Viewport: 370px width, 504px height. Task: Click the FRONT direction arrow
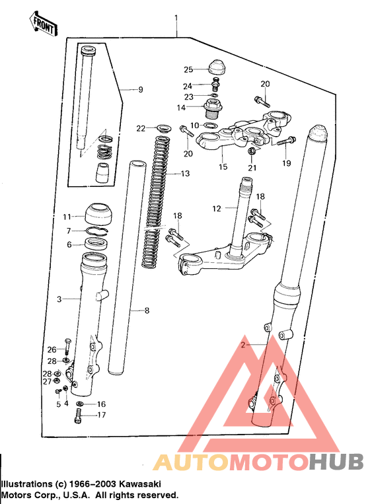[x=44, y=24]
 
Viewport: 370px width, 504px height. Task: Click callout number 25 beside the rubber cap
[x=188, y=69]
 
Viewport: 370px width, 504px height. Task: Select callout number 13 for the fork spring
[x=186, y=174]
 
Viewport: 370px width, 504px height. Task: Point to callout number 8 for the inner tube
[x=147, y=310]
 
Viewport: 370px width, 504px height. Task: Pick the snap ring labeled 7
[x=98, y=231]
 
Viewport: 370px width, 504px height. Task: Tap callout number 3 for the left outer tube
[x=59, y=299]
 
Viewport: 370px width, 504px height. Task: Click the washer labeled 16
[x=80, y=404]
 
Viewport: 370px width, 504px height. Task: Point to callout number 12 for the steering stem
[x=217, y=209]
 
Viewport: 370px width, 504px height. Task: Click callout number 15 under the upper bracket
[x=223, y=166]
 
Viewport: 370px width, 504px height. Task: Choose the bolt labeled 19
[x=286, y=141]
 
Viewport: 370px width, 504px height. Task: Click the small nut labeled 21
[x=252, y=151]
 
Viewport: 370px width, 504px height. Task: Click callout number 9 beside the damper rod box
[x=141, y=90]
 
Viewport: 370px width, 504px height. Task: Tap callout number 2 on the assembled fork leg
[x=243, y=345]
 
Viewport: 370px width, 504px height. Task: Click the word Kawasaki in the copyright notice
[x=140, y=484]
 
